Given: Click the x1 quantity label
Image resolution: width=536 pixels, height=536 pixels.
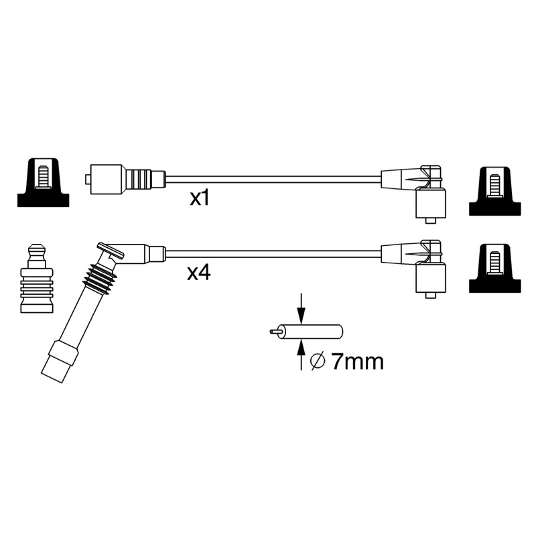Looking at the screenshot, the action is [x=199, y=198].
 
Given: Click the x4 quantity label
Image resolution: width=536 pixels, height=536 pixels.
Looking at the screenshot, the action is [x=199, y=273].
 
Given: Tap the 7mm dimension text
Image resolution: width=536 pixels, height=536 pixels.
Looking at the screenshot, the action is [x=357, y=362].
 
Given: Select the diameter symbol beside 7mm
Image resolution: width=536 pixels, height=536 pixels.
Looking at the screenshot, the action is [x=318, y=362].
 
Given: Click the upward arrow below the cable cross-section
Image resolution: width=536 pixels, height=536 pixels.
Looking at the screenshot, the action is [x=301, y=355].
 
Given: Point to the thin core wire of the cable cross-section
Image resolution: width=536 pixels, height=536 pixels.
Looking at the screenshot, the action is [x=275, y=332].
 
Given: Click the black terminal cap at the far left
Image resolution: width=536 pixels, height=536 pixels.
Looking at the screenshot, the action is [x=43, y=182].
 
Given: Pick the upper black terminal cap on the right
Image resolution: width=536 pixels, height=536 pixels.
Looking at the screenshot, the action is [x=495, y=192].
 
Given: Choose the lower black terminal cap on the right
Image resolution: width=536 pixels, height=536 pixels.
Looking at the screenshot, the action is [x=495, y=269].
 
